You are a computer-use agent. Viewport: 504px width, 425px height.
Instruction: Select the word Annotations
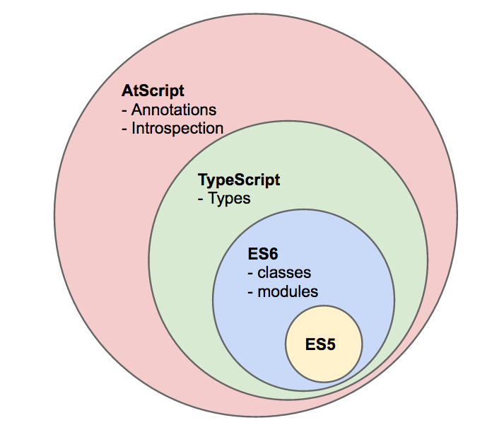174,110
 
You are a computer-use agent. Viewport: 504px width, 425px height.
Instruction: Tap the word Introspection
177,128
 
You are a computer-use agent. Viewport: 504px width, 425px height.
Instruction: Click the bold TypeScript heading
239,180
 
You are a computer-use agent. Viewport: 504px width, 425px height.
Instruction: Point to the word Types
229,198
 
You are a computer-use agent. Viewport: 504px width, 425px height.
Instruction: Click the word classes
283,272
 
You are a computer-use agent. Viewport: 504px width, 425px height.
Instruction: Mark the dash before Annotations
125,111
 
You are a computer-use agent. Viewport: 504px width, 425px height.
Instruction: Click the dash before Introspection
125,129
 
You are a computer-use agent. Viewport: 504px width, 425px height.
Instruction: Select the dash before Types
201,199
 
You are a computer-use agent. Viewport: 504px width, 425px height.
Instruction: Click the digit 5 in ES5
330,345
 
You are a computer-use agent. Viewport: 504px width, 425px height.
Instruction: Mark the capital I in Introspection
134,128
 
